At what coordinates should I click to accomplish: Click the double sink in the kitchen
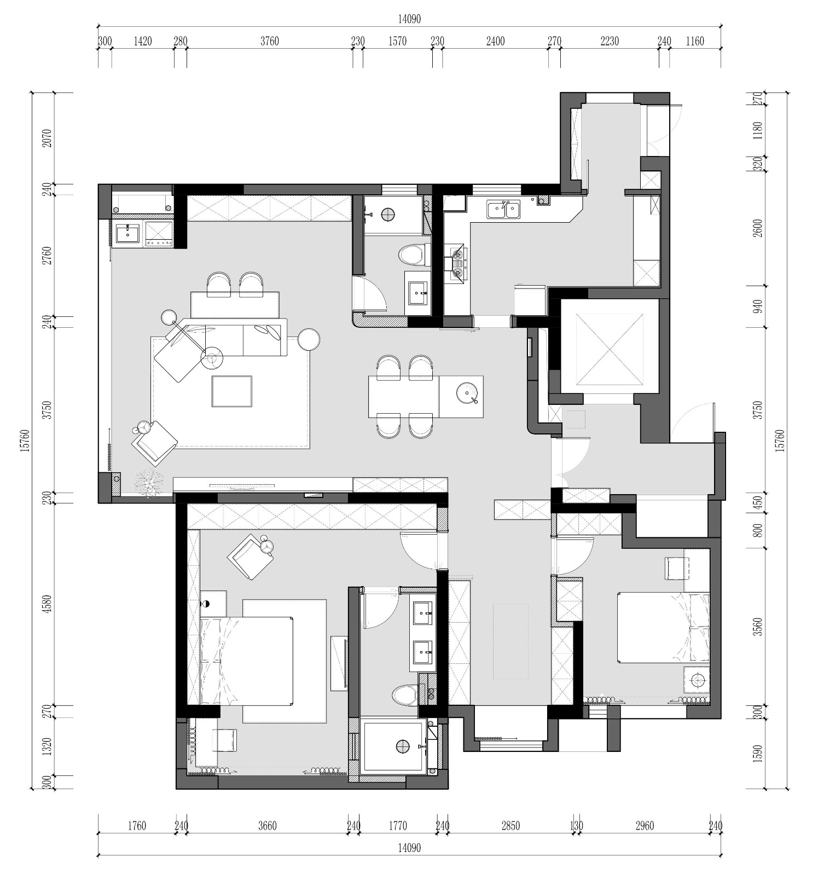504,209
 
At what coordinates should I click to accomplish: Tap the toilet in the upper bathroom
412,256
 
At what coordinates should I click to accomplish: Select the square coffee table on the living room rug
232,391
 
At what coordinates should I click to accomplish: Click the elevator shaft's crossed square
610,346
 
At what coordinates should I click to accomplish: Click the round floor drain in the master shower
403,745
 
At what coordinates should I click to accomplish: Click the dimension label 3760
269,41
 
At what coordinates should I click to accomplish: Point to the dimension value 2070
46,138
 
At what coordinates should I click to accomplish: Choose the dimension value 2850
510,826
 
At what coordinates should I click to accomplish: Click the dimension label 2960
645,826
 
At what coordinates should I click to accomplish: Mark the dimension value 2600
757,228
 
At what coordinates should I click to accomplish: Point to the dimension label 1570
397,41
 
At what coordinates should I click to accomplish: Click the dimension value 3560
757,627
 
